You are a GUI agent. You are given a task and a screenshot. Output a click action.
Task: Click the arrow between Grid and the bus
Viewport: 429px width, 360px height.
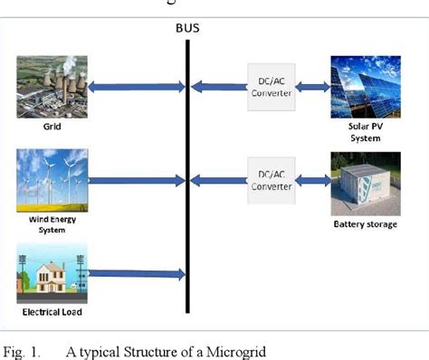tap(136, 86)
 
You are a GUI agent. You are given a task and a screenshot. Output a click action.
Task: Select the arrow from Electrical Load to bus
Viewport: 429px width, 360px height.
tap(136, 273)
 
